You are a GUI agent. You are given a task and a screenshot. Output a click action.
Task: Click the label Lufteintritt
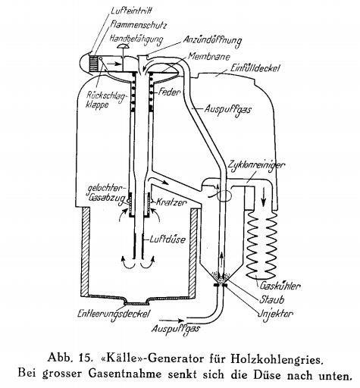[131, 11]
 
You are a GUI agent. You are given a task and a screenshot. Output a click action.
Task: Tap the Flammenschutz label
[138, 25]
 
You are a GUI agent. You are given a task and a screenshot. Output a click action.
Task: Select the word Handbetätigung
[136, 40]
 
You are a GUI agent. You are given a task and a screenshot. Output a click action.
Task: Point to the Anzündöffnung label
[212, 41]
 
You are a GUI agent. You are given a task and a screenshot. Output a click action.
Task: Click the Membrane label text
[209, 56]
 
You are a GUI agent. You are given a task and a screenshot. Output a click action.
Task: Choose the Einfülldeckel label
[255, 67]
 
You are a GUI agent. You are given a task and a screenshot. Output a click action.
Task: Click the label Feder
[169, 92]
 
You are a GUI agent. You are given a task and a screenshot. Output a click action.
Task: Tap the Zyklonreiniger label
[256, 165]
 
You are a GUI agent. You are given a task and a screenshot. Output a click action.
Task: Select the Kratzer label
[171, 202]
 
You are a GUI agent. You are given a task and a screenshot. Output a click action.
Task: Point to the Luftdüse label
[167, 239]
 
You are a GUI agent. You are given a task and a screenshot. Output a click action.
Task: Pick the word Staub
[271, 300]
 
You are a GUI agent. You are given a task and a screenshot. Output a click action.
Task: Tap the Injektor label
[275, 314]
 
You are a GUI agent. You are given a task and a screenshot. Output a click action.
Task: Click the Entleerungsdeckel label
[114, 314]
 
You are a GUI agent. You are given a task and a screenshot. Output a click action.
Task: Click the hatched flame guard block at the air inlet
[93, 64]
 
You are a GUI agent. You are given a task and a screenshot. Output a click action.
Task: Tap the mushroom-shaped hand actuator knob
[123, 46]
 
